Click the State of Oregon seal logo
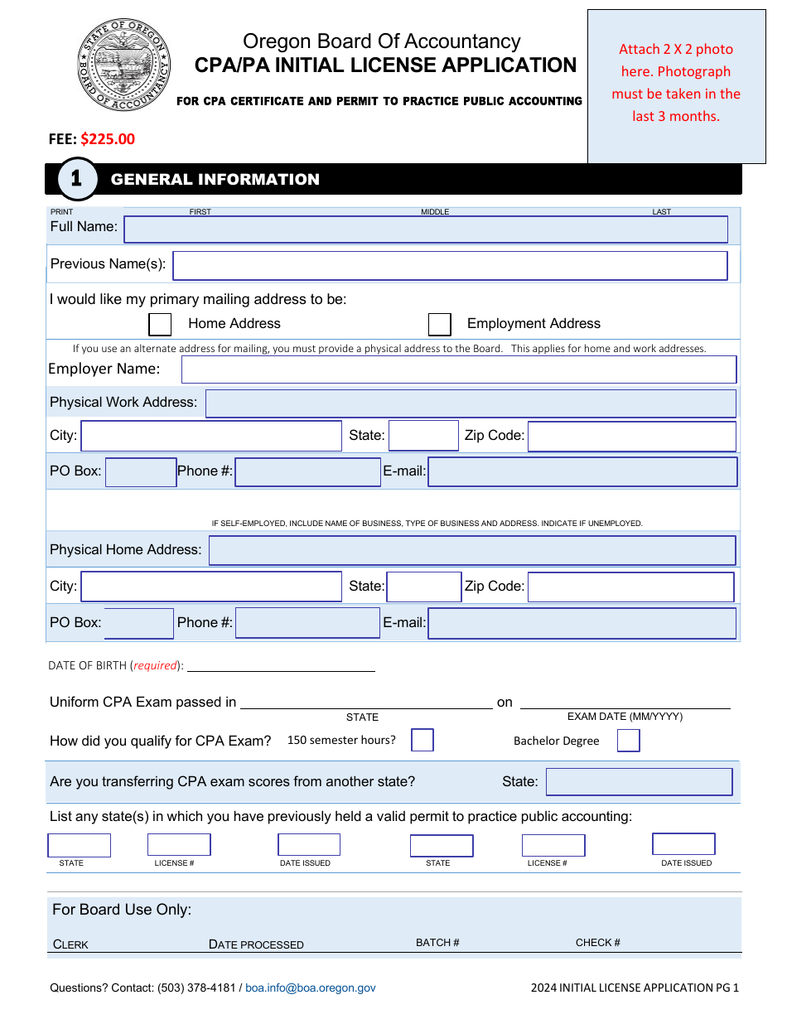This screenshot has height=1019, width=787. [123, 65]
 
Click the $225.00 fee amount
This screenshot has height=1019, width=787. [108, 139]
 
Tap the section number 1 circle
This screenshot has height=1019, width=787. [77, 179]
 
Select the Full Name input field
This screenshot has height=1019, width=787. [425, 229]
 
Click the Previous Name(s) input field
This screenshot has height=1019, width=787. [449, 266]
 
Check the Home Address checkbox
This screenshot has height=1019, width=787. [160, 324]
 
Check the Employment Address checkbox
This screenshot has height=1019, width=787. [440, 324]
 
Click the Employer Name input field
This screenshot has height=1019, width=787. [458, 369]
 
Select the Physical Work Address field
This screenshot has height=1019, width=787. [470, 403]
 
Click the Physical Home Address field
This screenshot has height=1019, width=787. [471, 550]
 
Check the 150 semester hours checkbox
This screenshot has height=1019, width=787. [422, 740]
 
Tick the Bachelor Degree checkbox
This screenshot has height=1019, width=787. [629, 741]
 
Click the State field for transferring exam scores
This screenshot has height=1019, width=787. [639, 781]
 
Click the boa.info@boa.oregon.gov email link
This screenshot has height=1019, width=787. [311, 988]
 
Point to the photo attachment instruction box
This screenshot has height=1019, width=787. [676, 86]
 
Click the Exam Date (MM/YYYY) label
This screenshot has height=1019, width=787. [625, 717]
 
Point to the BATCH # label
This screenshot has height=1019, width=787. [437, 943]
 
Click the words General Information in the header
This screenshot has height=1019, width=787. [215, 179]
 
